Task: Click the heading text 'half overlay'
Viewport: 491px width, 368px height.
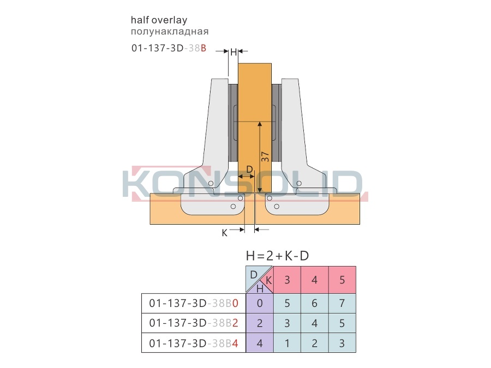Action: click(x=159, y=20)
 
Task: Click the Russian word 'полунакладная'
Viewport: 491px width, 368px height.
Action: click(x=170, y=32)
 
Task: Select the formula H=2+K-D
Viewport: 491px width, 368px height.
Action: click(x=278, y=256)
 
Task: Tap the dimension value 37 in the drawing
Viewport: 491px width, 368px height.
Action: click(x=265, y=156)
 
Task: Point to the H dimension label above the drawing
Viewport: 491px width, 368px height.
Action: click(x=233, y=52)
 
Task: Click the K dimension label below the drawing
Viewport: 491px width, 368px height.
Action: click(x=225, y=233)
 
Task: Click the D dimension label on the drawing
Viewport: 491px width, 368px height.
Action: click(x=249, y=170)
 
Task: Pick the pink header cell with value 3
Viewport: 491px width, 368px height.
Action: click(x=287, y=280)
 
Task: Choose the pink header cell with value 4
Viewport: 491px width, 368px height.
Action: click(x=315, y=280)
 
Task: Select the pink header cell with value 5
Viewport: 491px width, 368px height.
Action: click(x=342, y=280)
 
